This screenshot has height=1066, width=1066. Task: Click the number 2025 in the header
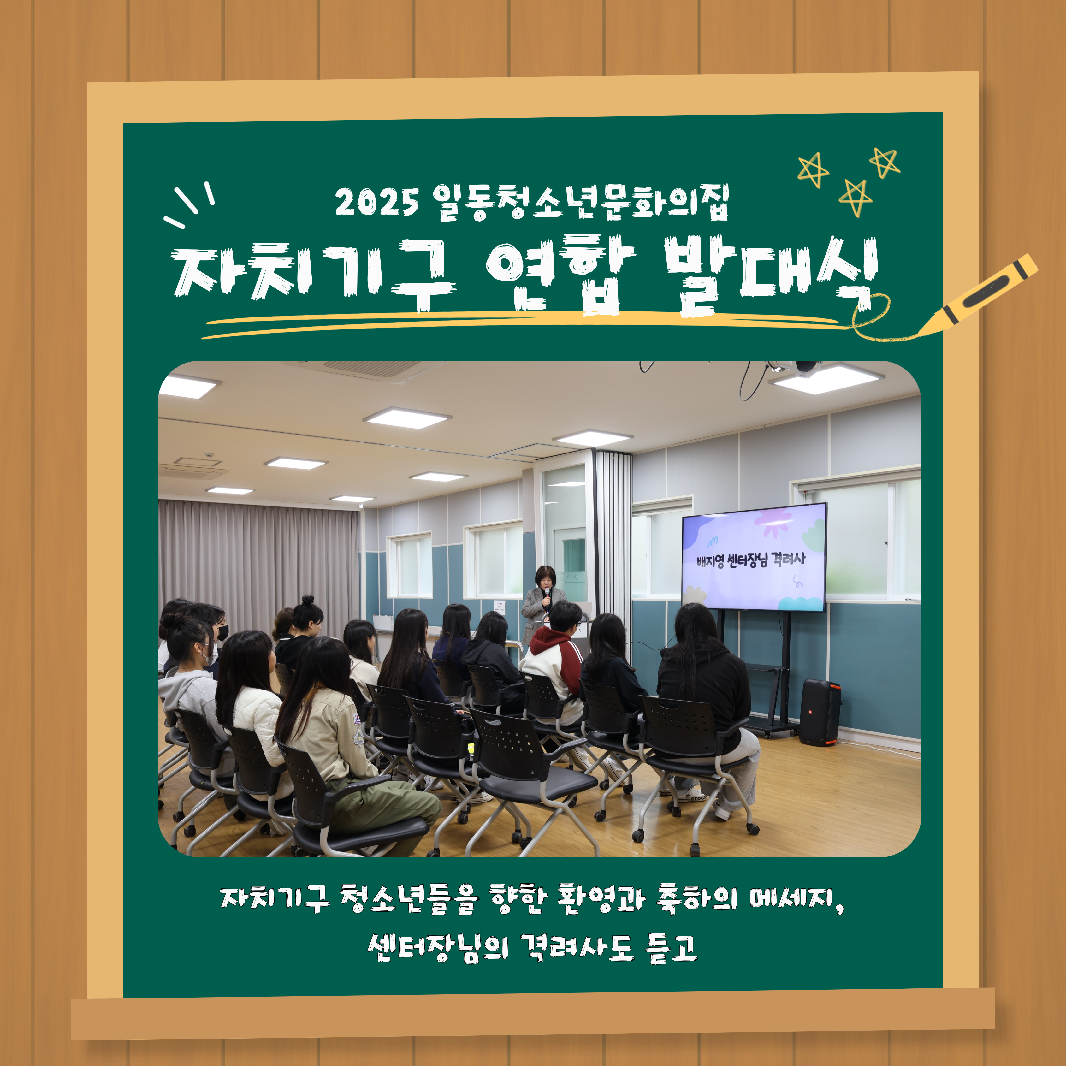377,202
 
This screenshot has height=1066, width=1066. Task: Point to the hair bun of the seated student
307,600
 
